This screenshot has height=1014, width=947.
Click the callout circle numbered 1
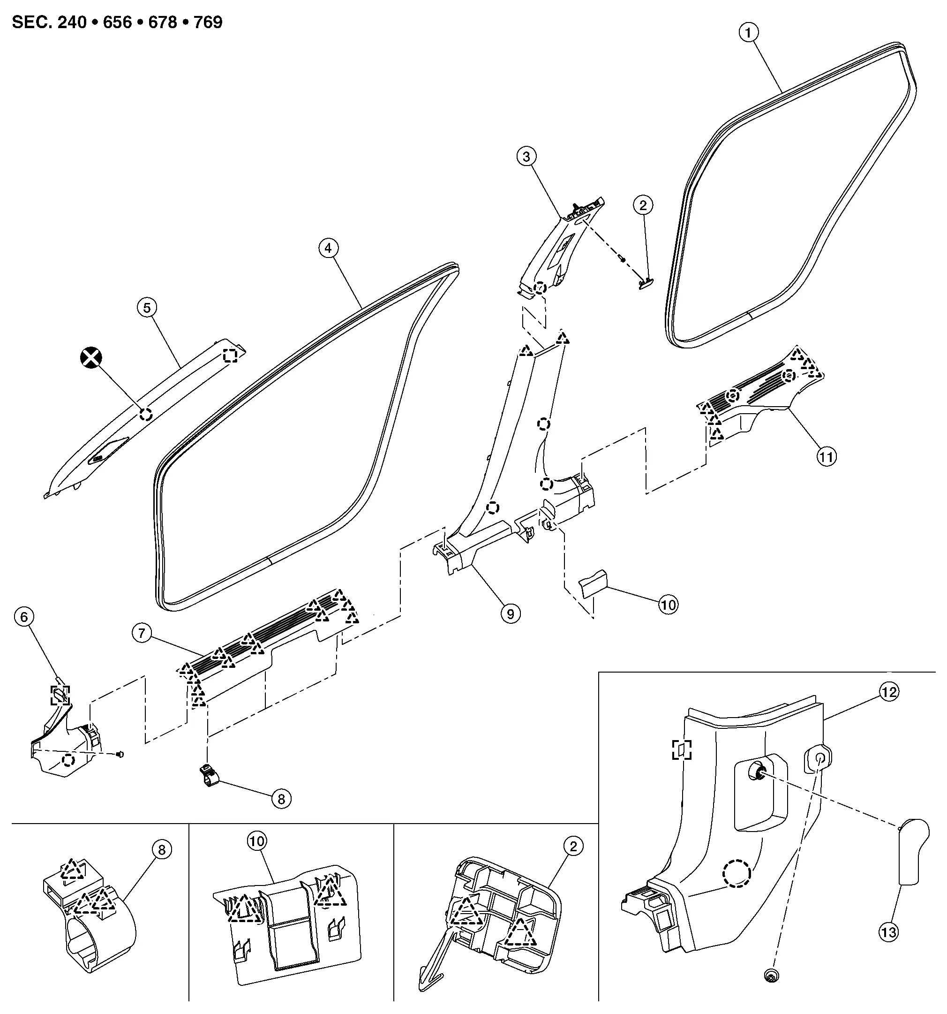(x=748, y=33)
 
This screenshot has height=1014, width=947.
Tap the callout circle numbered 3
(x=526, y=156)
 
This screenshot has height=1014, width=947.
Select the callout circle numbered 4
(x=328, y=248)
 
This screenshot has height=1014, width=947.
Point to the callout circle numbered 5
(x=147, y=308)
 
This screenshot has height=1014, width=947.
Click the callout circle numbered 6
(x=24, y=617)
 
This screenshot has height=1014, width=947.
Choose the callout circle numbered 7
(x=142, y=634)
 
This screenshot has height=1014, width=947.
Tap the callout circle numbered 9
(x=511, y=613)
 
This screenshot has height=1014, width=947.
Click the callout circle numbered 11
(x=826, y=456)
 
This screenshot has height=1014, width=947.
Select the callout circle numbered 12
(x=889, y=692)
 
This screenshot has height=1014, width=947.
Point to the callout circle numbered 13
(x=888, y=933)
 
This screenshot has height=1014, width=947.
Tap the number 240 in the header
(x=72, y=23)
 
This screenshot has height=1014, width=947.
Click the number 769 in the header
(x=208, y=23)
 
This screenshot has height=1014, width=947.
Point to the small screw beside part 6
(x=120, y=754)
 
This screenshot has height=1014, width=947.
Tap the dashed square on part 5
(x=231, y=355)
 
